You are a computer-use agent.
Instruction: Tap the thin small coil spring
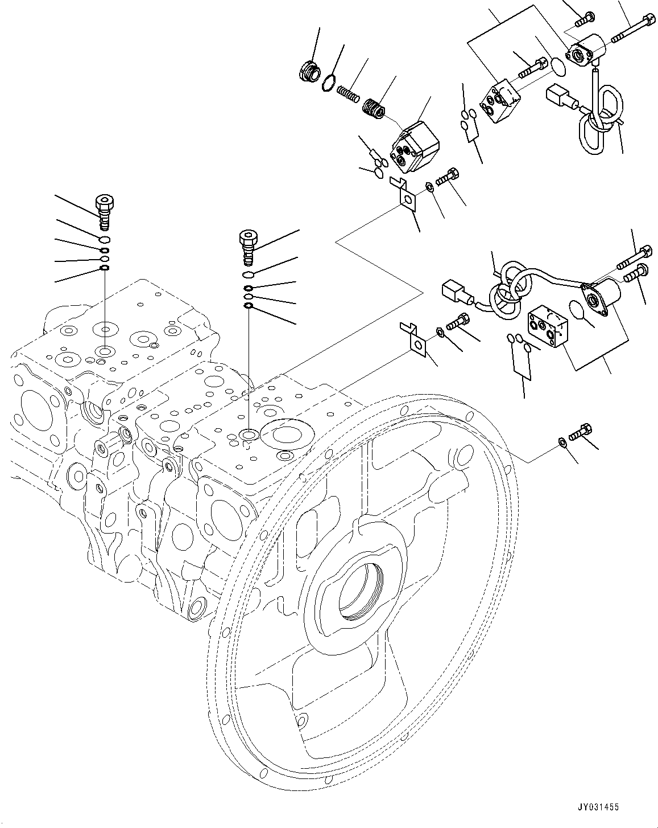pos(348,95)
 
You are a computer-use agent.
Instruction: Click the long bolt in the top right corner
pos(634,23)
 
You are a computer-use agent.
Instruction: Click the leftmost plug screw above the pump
pos(104,212)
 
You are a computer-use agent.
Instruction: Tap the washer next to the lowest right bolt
pos(561,441)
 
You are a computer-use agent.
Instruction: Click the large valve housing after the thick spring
pos(415,146)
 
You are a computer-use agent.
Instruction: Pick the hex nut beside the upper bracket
pos(429,187)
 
